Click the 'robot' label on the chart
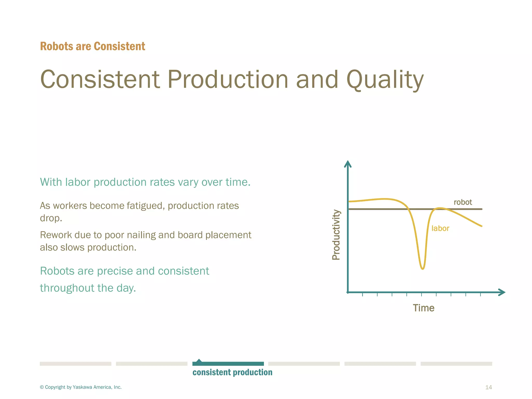(462, 202)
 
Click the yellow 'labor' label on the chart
(440, 228)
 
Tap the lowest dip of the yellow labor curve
(422, 268)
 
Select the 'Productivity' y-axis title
(336, 235)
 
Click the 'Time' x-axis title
(423, 308)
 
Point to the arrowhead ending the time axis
(502, 292)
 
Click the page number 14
(488, 387)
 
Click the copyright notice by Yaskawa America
(81, 387)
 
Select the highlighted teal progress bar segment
(228, 364)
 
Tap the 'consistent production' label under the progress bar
(232, 372)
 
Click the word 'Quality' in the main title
(385, 80)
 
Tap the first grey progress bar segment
(75, 364)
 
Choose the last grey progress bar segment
(456, 364)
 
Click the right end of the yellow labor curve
(481, 226)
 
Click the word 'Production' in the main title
(228, 79)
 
